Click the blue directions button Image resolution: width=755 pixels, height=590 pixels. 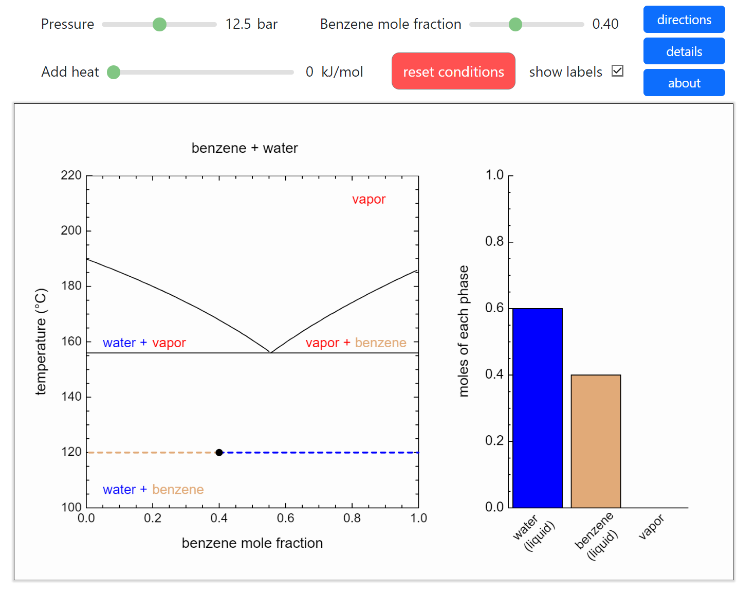[684, 20]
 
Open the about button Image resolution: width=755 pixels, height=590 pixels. [684, 83]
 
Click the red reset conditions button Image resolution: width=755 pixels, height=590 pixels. [453, 71]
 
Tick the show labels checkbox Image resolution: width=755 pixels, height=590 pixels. [617, 71]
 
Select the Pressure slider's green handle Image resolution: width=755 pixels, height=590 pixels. [159, 24]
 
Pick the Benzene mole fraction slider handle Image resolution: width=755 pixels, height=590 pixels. [515, 24]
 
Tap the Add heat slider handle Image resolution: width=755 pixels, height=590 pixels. [114, 72]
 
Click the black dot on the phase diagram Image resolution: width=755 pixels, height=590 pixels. [219, 453]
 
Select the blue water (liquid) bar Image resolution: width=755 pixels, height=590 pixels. [537, 407]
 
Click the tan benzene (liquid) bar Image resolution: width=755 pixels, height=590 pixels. [596, 441]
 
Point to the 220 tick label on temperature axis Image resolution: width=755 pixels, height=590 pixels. [71, 175]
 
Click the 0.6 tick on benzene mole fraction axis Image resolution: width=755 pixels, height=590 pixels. [285, 519]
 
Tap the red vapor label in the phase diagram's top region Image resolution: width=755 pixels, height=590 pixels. [369, 200]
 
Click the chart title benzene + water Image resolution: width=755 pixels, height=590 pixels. [245, 148]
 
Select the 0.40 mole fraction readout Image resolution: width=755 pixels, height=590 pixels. [605, 24]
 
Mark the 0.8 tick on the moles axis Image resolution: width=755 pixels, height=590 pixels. [494, 242]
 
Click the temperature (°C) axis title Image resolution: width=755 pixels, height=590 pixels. [41, 341]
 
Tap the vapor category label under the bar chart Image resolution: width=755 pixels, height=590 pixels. [651, 527]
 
